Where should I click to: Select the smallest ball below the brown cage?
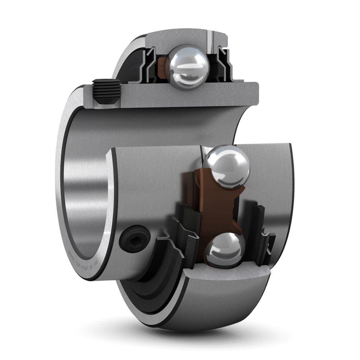tap(222, 248)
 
